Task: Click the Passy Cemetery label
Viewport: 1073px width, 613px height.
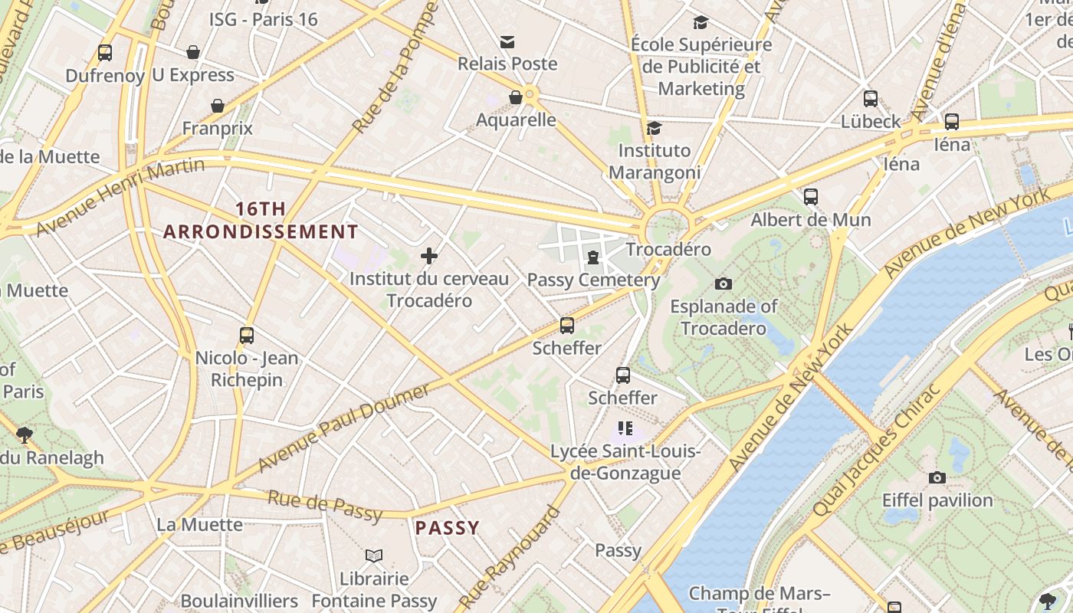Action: pyautogui.click(x=593, y=280)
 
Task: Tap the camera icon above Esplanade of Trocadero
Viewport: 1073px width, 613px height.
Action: pyautogui.click(x=723, y=284)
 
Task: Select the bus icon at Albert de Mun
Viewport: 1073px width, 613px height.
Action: pyautogui.click(x=811, y=197)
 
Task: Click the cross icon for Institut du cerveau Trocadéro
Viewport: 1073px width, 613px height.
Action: pyautogui.click(x=429, y=256)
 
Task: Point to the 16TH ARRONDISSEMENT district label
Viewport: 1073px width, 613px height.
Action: pyautogui.click(x=261, y=220)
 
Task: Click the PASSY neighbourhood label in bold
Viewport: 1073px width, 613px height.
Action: pyautogui.click(x=448, y=528)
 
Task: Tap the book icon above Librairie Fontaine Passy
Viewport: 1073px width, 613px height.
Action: pyautogui.click(x=373, y=556)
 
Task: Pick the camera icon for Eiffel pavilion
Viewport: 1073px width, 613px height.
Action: pyautogui.click(x=937, y=478)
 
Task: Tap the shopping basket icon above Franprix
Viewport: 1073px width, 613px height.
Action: pyautogui.click(x=218, y=106)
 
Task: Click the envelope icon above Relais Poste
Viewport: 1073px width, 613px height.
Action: pyautogui.click(x=507, y=42)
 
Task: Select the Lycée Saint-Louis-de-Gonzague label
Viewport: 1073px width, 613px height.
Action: pyautogui.click(x=625, y=462)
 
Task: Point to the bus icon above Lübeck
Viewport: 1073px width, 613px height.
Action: pyautogui.click(x=871, y=99)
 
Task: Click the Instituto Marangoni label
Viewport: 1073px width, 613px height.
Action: pyautogui.click(x=655, y=161)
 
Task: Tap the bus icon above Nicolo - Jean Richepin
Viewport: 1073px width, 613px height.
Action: pyautogui.click(x=247, y=335)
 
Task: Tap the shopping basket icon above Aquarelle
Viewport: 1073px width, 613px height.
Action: pyautogui.click(x=516, y=97)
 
